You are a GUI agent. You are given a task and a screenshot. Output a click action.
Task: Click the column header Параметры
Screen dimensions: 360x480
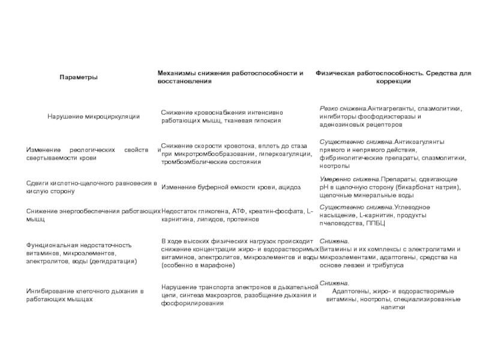coord(79,77)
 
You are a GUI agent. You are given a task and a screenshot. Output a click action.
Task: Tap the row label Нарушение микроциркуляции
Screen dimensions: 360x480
coord(94,116)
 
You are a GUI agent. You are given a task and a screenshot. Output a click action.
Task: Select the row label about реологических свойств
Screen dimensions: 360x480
coord(93,153)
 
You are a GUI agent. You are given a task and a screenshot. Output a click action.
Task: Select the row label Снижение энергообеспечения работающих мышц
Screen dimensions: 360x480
coord(93,215)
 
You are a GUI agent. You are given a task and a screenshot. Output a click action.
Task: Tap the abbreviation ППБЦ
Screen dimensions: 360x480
coord(375,223)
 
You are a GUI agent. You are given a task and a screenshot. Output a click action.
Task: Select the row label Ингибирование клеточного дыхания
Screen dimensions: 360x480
coord(85,295)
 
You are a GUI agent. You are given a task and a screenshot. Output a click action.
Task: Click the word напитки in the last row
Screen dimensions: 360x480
coord(393,307)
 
